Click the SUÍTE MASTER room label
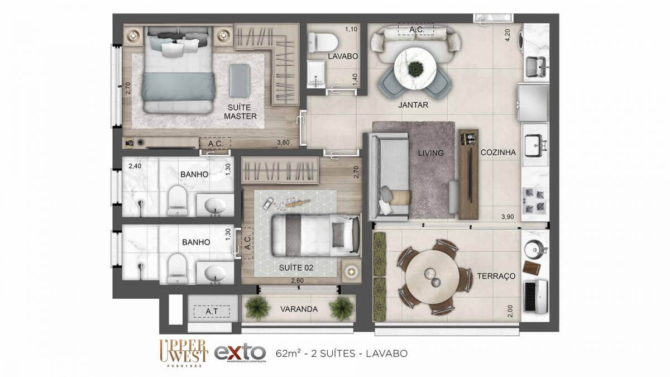[240, 111]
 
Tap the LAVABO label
[343, 56]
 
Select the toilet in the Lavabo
[322, 40]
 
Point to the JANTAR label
[413, 104]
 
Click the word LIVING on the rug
[430, 152]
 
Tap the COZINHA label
[497, 152]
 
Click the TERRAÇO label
[496, 276]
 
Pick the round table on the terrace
[431, 276]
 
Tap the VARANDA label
[299, 309]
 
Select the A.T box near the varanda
[212, 311]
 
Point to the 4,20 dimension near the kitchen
[508, 36]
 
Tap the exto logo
[240, 354]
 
